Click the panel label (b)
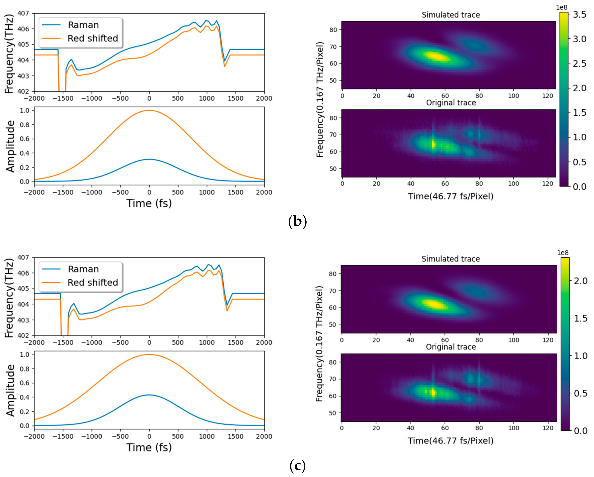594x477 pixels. tap(297, 221)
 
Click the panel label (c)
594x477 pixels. tap(297, 466)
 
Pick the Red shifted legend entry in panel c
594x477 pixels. tap(92, 282)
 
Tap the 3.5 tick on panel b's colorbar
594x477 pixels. tap(579, 15)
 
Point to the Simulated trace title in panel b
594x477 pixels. tap(451, 15)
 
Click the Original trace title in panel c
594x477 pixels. tap(451, 347)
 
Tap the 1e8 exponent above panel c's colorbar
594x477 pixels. tap(563, 253)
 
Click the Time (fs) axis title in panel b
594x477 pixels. tap(149, 203)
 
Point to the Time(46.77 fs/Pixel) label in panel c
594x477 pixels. tap(451, 441)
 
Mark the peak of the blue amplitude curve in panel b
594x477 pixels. tap(149, 159)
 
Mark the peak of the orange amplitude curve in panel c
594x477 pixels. tap(149, 354)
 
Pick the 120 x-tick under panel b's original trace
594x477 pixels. tap(547, 184)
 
